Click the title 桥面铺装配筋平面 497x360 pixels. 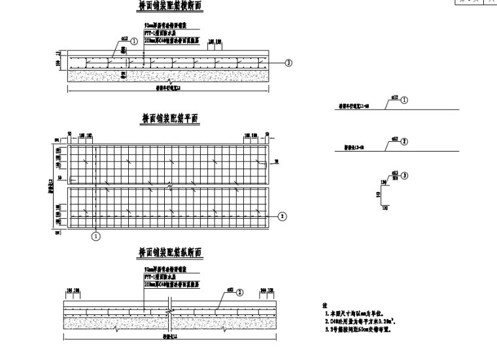[170, 118]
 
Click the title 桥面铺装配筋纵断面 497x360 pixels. [170, 253]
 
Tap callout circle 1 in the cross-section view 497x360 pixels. [134, 41]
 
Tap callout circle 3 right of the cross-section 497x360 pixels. [288, 63]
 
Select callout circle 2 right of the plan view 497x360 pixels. [282, 216]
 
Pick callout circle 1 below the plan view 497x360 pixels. [95, 236]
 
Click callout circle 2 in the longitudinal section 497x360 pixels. [239, 292]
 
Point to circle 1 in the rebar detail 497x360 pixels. [404, 101]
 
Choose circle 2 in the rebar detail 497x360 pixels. [404, 141]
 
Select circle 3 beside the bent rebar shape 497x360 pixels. [405, 175]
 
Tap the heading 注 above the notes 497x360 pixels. [324, 305]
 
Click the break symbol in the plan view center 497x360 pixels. [171, 187]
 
